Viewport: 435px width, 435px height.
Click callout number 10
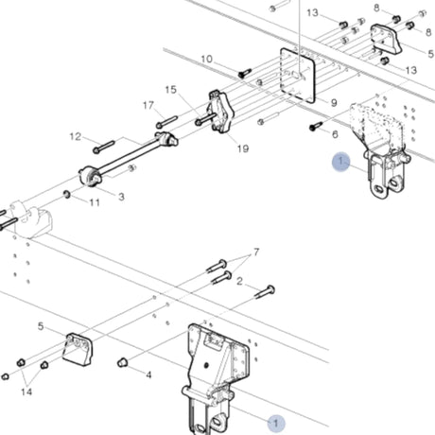[206, 60]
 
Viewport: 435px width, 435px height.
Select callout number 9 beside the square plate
[334, 102]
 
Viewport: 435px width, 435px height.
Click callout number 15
[171, 90]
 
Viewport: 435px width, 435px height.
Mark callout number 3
[121, 196]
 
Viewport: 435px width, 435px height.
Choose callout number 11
[95, 202]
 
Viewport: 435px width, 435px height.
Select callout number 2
[240, 281]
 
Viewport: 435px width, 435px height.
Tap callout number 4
[148, 374]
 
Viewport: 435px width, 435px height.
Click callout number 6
[334, 134]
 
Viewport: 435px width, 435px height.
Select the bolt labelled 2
[265, 290]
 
